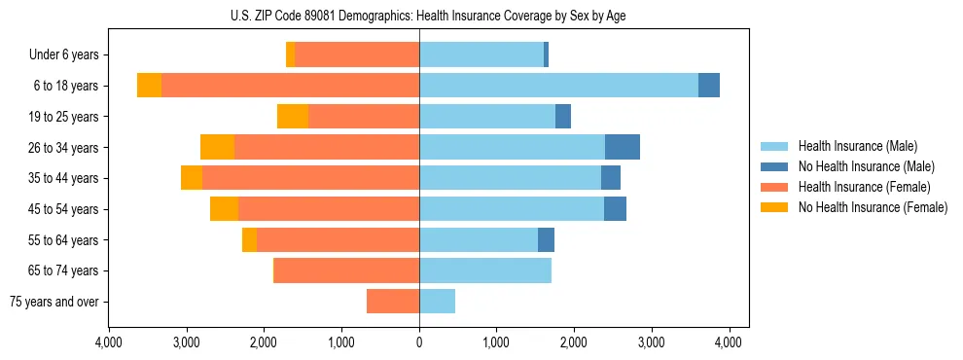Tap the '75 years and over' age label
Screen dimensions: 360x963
53,302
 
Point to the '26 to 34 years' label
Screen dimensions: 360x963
61,147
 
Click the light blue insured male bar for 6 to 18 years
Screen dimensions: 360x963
558,86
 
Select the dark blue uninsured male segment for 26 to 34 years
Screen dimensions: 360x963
623,147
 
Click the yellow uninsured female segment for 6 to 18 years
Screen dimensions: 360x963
149,86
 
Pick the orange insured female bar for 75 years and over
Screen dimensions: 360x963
393,302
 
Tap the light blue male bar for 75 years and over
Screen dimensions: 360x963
437,302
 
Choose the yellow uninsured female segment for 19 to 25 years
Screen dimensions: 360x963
293,116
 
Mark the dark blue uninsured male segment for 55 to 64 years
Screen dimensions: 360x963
546,239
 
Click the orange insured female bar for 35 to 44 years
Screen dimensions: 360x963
310,178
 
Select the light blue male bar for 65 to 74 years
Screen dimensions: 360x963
485,270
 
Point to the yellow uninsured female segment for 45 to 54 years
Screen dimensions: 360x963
224,209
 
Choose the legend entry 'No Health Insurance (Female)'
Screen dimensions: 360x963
873,207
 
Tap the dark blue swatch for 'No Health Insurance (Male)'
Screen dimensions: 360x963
774,166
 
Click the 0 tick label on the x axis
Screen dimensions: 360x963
419,342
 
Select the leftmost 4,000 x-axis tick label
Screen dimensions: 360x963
109,342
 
